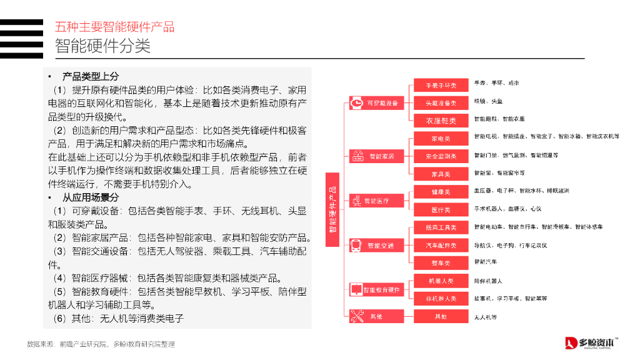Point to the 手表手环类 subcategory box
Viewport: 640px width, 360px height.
pos(441,85)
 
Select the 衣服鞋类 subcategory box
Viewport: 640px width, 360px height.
pos(441,121)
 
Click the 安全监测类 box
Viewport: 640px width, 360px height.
pos(441,156)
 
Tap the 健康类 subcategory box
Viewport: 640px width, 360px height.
pos(441,192)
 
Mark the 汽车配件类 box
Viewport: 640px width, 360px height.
pos(441,246)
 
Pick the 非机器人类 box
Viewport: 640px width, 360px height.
pos(441,299)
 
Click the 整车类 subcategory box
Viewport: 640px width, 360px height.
pos(441,263)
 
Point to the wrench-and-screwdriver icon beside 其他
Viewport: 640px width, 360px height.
pos(357,317)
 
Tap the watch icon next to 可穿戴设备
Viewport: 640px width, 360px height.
pos(356,103)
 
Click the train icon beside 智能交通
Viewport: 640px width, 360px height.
pos(356,246)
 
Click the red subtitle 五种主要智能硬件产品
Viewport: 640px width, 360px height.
pos(114,27)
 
